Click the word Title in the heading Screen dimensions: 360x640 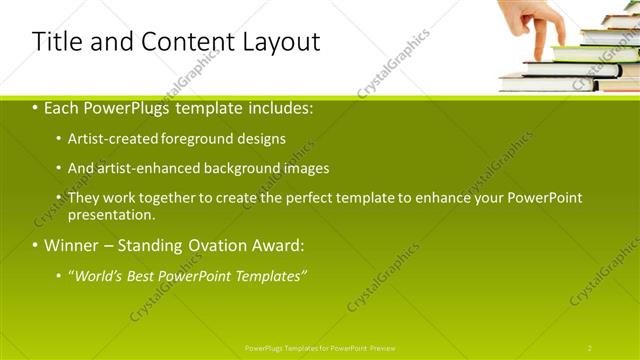tap(56, 42)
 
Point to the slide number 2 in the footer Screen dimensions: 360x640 tap(590, 348)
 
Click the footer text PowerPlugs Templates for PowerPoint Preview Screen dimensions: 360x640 tap(319, 348)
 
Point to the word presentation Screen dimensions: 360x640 tap(111, 214)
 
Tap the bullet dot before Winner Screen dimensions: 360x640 tap(36, 245)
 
